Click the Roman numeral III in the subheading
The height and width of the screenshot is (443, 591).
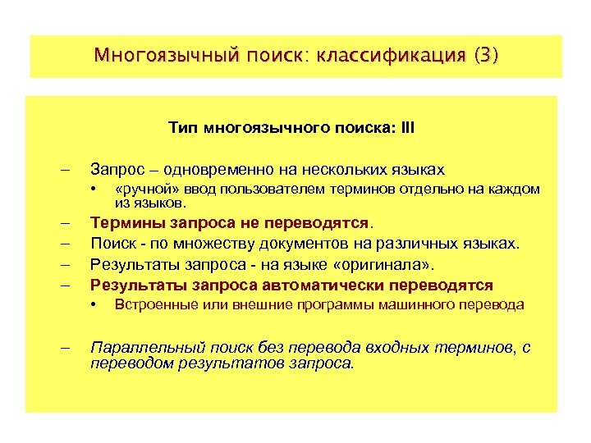[x=407, y=129]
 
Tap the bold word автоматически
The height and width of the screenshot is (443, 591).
[x=314, y=285]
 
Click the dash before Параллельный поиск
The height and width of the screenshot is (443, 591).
[x=65, y=347]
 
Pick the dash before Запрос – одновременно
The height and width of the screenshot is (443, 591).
[x=65, y=170]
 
